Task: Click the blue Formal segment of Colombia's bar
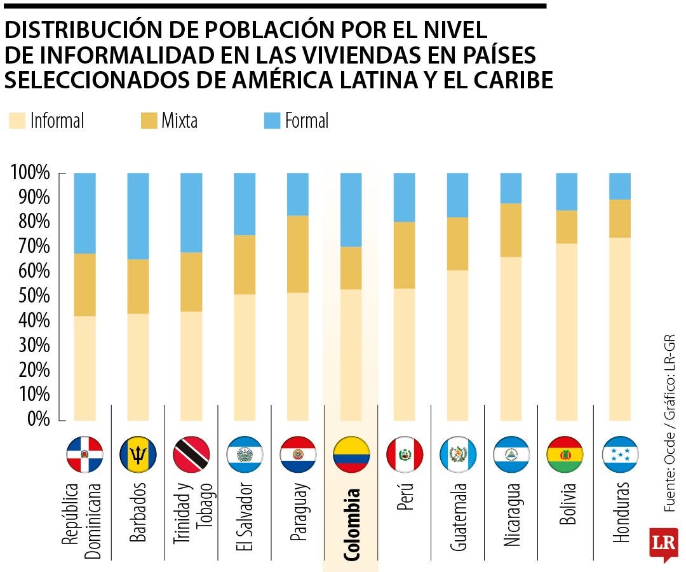point(351,209)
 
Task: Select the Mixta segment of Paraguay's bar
point(298,254)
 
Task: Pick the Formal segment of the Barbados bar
point(138,215)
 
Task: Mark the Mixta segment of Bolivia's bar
point(567,226)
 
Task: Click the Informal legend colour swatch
point(17,121)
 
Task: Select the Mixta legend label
point(179,121)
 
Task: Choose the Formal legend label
point(306,121)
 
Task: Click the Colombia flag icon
point(351,454)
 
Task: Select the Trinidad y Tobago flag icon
point(191,454)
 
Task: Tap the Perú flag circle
point(405,454)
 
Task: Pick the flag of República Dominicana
point(84,454)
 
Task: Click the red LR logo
point(663,543)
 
